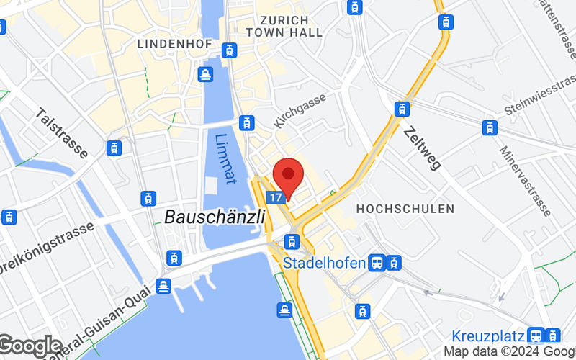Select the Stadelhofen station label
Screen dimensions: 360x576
324,263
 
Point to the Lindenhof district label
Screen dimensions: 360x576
174,44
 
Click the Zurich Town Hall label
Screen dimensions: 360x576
277,26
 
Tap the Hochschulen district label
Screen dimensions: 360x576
405,209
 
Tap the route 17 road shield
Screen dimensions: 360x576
274,197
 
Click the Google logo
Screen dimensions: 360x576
30,347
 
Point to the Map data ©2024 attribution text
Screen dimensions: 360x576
508,351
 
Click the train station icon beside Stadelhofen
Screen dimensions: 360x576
377,263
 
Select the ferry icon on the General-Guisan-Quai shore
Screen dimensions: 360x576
163,286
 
